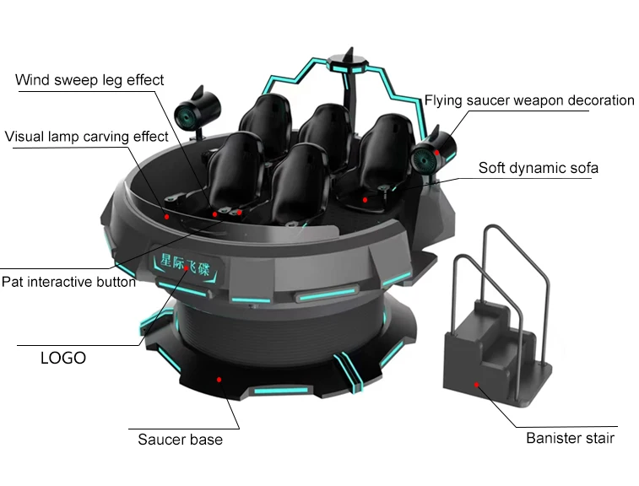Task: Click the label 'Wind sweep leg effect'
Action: click(90, 80)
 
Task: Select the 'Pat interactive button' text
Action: click(68, 282)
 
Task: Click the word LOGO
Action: click(63, 358)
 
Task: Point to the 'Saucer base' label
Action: click(180, 439)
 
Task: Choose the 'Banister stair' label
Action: click(570, 438)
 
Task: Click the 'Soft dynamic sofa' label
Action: click(539, 167)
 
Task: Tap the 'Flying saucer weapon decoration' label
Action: click(529, 100)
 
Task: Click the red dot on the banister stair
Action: click(477, 385)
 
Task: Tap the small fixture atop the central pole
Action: click(352, 58)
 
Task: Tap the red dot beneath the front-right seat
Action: click(365, 200)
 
